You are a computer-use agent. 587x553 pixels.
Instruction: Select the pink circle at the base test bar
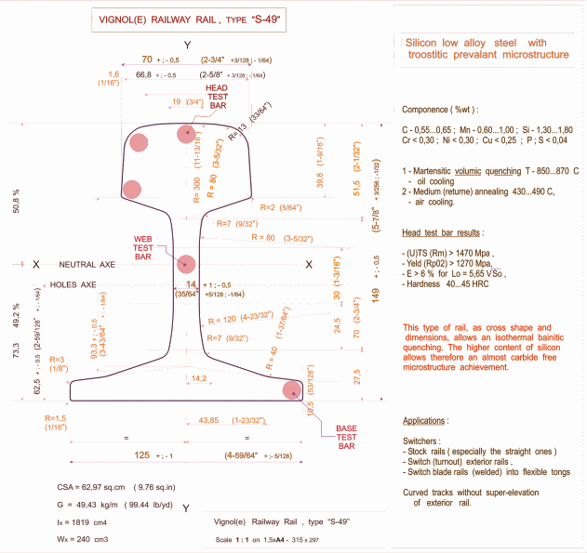coord(293,390)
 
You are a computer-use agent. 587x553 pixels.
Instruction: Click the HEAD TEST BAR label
coord(217,97)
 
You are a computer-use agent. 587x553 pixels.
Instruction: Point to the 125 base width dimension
coord(142,455)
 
